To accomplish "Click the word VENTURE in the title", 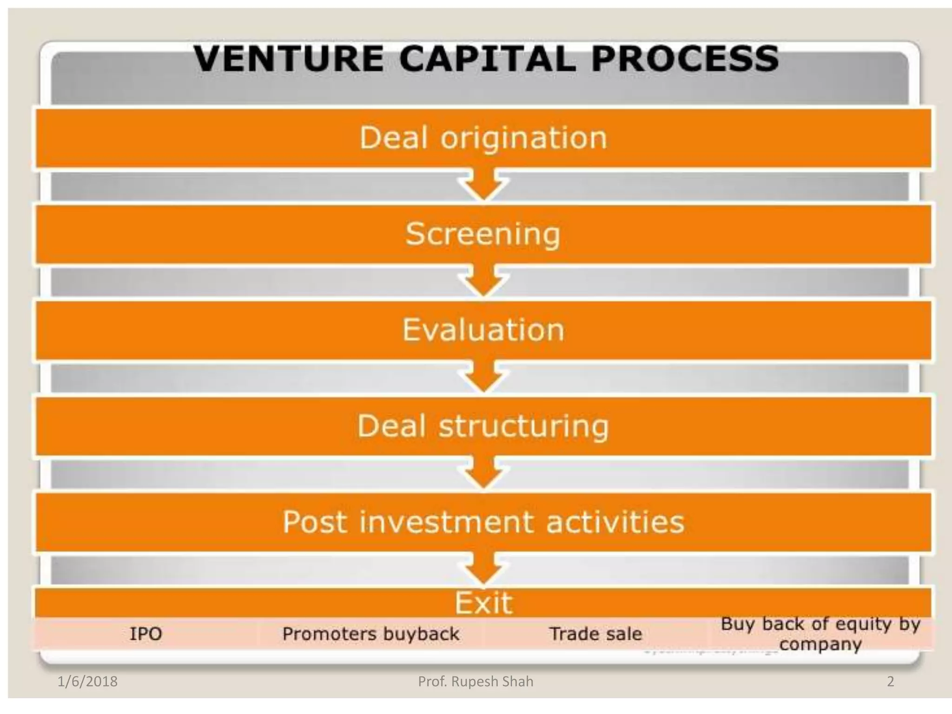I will [288, 59].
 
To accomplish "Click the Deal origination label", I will [483, 138].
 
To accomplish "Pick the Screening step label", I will [483, 234].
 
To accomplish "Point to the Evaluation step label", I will [483, 330].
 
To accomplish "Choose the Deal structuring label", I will [483, 426].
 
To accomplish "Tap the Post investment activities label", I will [483, 522].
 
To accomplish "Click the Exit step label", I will [483, 603].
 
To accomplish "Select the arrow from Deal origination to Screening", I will [483, 186].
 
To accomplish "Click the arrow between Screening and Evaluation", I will [483, 282].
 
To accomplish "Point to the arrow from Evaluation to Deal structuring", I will [483, 377].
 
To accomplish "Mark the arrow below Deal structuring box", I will [483, 474].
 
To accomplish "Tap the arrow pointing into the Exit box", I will [483, 570].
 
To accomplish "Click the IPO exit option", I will [145, 634].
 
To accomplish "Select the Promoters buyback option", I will [370, 634].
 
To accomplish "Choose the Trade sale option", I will [595, 634].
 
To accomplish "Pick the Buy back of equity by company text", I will [820, 634].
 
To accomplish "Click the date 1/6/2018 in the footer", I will [87, 682].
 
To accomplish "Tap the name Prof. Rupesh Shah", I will [476, 682].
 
